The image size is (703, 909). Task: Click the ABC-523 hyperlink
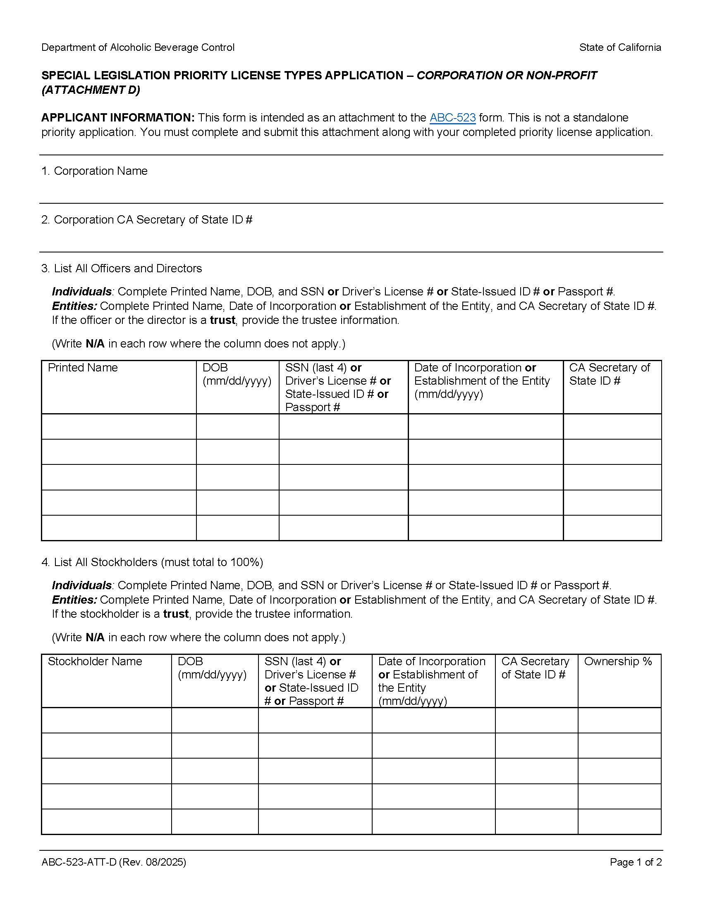(452, 118)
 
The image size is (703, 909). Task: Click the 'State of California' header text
(620, 48)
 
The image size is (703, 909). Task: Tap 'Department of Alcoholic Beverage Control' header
(138, 48)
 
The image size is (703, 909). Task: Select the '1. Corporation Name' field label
(95, 171)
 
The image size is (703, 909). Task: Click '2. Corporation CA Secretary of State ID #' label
(147, 220)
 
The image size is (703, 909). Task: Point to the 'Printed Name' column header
(83, 368)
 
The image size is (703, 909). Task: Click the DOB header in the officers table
(215, 368)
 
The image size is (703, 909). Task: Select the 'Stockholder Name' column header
(95, 662)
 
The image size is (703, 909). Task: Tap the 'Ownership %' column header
(618, 662)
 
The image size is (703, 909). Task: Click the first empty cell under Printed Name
(119, 427)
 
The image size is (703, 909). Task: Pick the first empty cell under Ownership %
(619, 721)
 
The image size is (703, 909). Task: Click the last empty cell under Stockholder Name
(107, 821)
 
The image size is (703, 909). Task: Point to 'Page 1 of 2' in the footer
(636, 862)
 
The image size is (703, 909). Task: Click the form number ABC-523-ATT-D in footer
(79, 862)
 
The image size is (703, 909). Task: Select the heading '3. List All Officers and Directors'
(122, 269)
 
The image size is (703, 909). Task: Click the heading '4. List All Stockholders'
(152, 562)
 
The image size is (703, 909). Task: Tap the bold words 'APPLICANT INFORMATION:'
(118, 118)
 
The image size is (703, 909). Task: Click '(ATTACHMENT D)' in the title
(91, 90)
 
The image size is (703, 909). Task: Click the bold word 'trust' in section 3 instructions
(222, 320)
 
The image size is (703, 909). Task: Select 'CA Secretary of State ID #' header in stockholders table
(535, 668)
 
